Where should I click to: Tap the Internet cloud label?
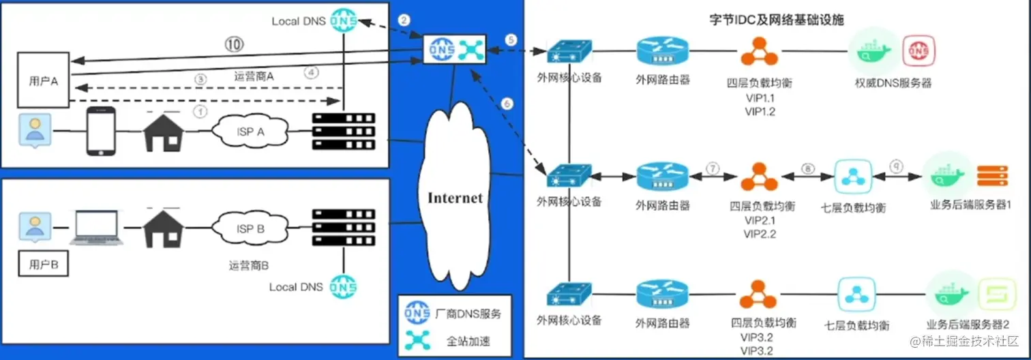pyautogui.click(x=455, y=198)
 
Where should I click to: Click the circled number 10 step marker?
pyautogui.click(x=235, y=46)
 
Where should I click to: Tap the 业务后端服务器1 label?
pyautogui.click(x=969, y=206)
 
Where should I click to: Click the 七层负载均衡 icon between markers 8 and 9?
pyautogui.click(x=854, y=176)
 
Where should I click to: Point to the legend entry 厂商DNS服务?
pyautogui.click(x=468, y=314)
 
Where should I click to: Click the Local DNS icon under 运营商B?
pyautogui.click(x=344, y=286)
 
